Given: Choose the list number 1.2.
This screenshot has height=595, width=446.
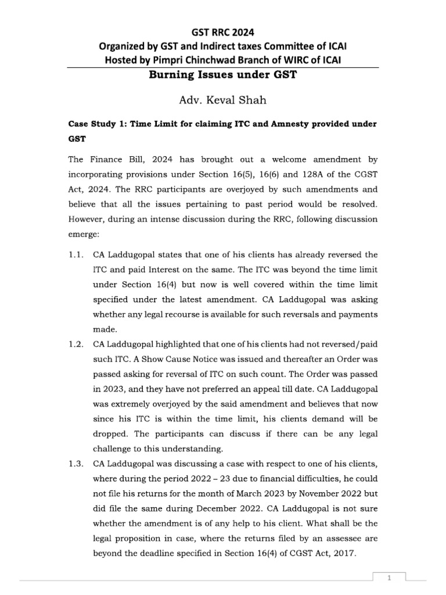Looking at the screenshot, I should click(77, 343).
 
